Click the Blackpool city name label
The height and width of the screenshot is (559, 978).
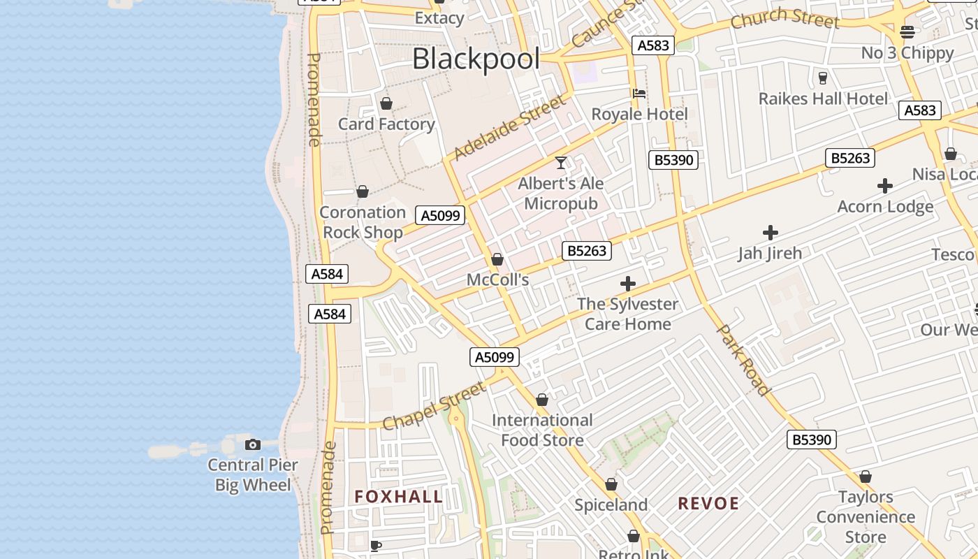(x=476, y=59)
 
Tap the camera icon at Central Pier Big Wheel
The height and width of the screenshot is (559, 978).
(x=252, y=444)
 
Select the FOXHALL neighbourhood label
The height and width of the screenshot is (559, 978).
(x=398, y=497)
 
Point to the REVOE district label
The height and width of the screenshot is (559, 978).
(x=708, y=504)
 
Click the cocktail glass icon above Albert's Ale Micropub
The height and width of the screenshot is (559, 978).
(x=560, y=163)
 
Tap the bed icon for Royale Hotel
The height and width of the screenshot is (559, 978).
(x=638, y=93)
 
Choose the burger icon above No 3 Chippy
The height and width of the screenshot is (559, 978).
(x=907, y=31)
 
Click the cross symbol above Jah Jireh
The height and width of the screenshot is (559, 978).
(x=770, y=232)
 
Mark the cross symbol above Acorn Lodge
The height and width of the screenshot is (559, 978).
(x=885, y=186)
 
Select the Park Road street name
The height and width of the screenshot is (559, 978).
(x=745, y=359)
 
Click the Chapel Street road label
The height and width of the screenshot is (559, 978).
(x=435, y=407)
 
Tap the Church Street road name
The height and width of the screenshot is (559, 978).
(x=784, y=18)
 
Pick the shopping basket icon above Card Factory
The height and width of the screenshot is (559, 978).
(x=386, y=104)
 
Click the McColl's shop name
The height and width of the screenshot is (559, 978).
(x=497, y=280)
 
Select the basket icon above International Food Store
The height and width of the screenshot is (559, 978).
(x=541, y=400)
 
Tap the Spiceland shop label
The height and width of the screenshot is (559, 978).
(x=611, y=504)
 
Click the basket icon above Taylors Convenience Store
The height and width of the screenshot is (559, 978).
(x=865, y=477)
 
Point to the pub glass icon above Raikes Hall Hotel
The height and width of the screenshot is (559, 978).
(x=822, y=78)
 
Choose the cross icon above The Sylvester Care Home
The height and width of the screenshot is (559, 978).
(x=627, y=284)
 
